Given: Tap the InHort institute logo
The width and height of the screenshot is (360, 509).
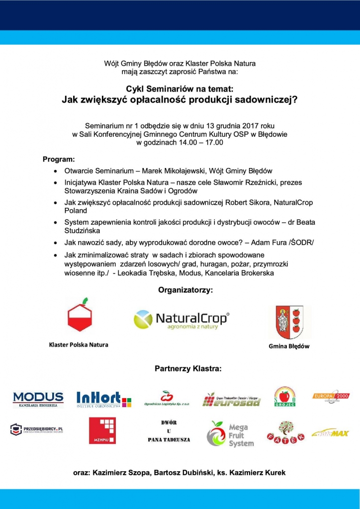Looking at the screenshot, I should [x=104, y=399].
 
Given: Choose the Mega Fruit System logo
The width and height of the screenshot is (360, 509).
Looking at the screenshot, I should [x=230, y=433].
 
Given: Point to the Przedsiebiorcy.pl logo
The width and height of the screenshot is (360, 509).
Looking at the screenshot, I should [x=40, y=429].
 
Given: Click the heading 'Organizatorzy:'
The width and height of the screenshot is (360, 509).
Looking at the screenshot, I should [x=185, y=290].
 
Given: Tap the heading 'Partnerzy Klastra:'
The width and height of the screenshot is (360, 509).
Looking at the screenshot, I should [x=188, y=369].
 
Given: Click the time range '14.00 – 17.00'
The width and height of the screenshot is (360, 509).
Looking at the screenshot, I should [x=201, y=143].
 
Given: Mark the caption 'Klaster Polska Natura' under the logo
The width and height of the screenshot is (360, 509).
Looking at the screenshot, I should [x=78, y=344].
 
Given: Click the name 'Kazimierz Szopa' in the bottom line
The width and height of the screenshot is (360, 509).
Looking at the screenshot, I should [x=121, y=473].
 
